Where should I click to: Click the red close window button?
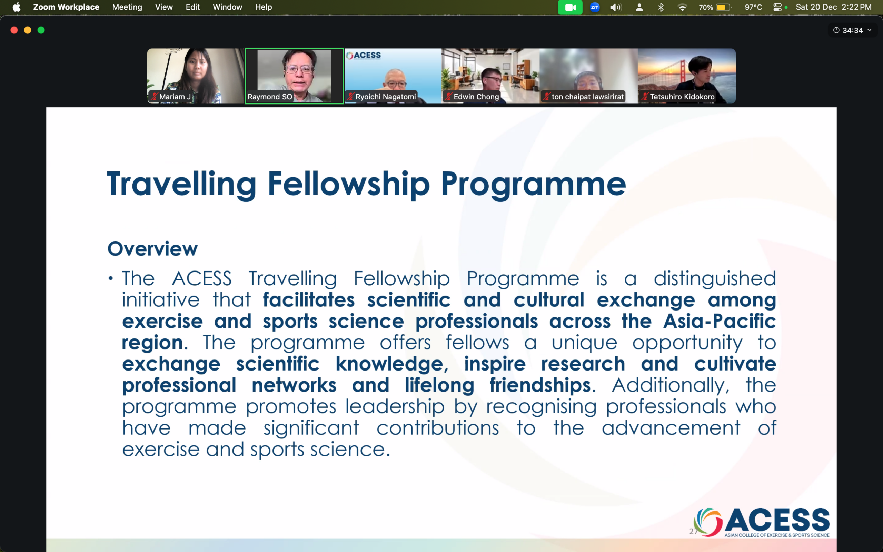pos(14,30)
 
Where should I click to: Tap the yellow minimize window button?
pos(28,30)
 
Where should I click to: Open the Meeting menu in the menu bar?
pos(127,7)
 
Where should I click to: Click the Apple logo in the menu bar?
pos(17,7)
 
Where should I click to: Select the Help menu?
pos(263,7)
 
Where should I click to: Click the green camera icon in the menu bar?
pos(570,7)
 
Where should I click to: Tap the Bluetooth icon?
pos(661,7)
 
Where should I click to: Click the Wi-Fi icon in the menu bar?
pos(682,7)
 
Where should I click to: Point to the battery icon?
pos(724,7)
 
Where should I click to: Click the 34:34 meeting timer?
pos(852,30)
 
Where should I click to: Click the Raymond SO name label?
pos(270,97)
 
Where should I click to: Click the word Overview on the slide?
pos(152,249)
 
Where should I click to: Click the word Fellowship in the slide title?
pos(349,184)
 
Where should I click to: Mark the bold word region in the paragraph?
pos(154,344)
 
